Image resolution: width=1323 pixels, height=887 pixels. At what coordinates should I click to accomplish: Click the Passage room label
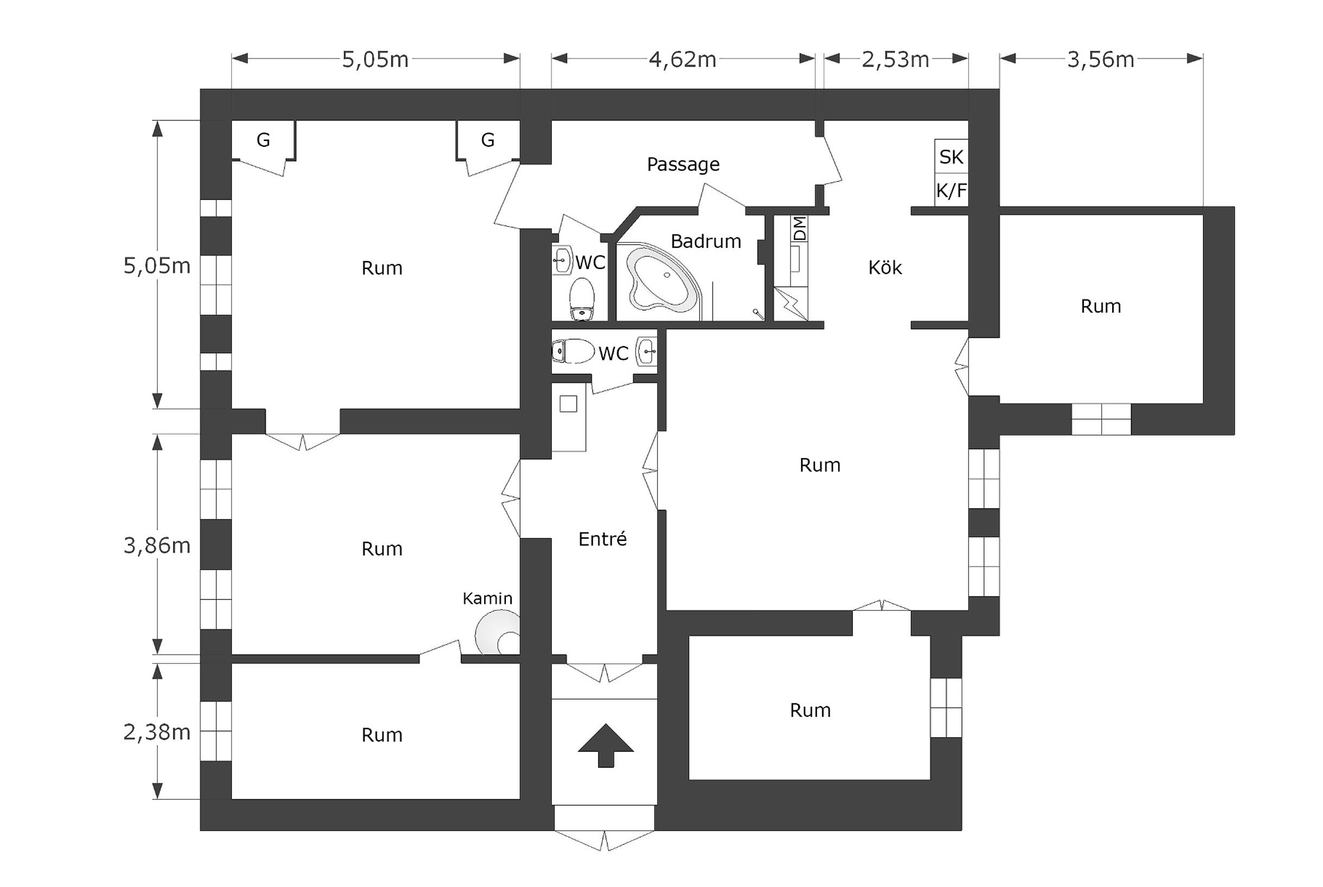pos(683,165)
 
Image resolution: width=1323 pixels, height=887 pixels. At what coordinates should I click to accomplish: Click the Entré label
pos(602,538)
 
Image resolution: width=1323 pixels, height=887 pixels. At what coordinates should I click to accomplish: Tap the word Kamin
pos(487,599)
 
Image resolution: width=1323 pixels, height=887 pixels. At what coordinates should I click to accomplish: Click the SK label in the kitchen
pos(951,157)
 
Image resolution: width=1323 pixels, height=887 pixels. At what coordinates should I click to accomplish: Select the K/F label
pos(951,191)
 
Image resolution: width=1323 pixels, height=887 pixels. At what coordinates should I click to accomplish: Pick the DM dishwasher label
pos(799,229)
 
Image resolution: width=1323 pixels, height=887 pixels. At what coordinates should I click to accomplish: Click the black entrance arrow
pos(606,745)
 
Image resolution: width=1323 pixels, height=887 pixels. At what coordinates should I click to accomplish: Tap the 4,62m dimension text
pos(683,60)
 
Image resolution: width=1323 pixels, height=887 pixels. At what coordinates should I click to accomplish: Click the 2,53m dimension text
pos(895,60)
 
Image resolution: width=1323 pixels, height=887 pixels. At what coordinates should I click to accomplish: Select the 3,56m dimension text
pos(1101,60)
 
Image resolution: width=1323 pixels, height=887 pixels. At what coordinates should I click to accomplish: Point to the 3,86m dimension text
pos(157,545)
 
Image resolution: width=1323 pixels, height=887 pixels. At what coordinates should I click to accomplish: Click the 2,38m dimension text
pos(157,732)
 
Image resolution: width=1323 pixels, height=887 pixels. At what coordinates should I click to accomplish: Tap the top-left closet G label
pos(263,140)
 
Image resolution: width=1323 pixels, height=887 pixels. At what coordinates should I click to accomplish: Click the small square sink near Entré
pos(568,404)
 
